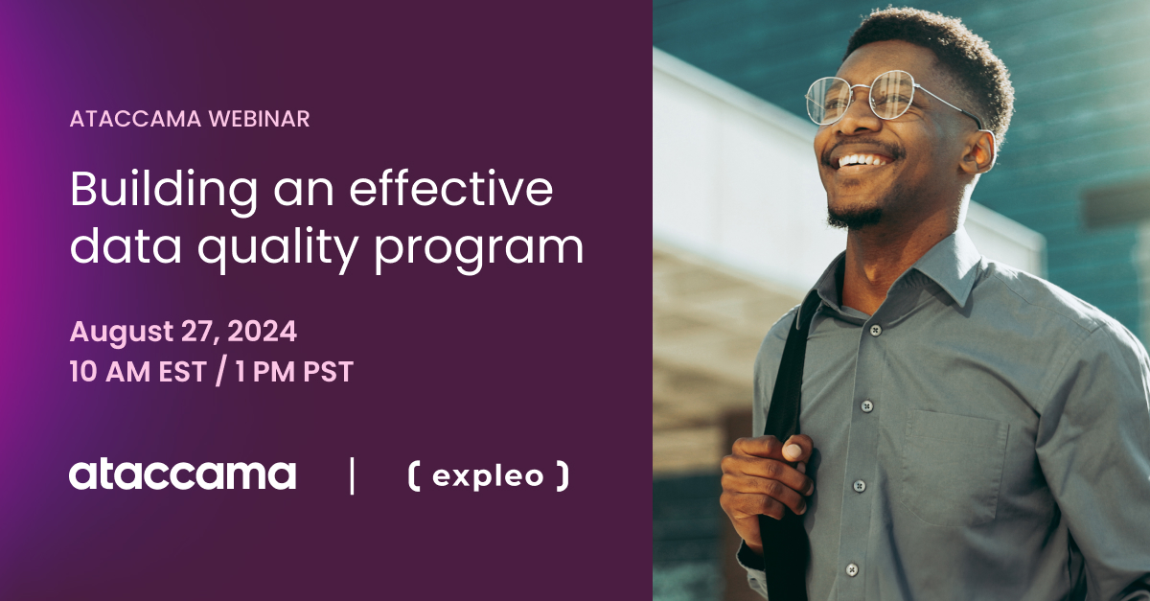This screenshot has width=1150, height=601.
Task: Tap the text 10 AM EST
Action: click(x=137, y=372)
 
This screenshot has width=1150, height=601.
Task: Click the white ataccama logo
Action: click(x=182, y=474)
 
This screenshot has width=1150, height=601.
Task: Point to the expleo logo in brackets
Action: click(x=488, y=475)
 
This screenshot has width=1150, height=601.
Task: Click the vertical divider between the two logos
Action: click(x=352, y=475)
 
